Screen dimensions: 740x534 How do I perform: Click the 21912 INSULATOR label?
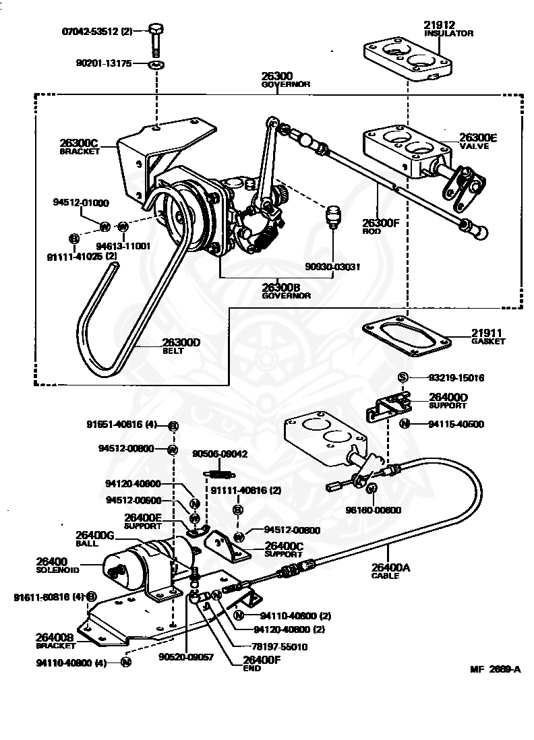[x=448, y=28]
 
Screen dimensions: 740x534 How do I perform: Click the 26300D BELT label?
[x=181, y=345]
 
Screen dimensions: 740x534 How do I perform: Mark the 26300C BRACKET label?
[x=79, y=146]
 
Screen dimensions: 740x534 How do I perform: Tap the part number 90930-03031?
[x=332, y=266]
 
